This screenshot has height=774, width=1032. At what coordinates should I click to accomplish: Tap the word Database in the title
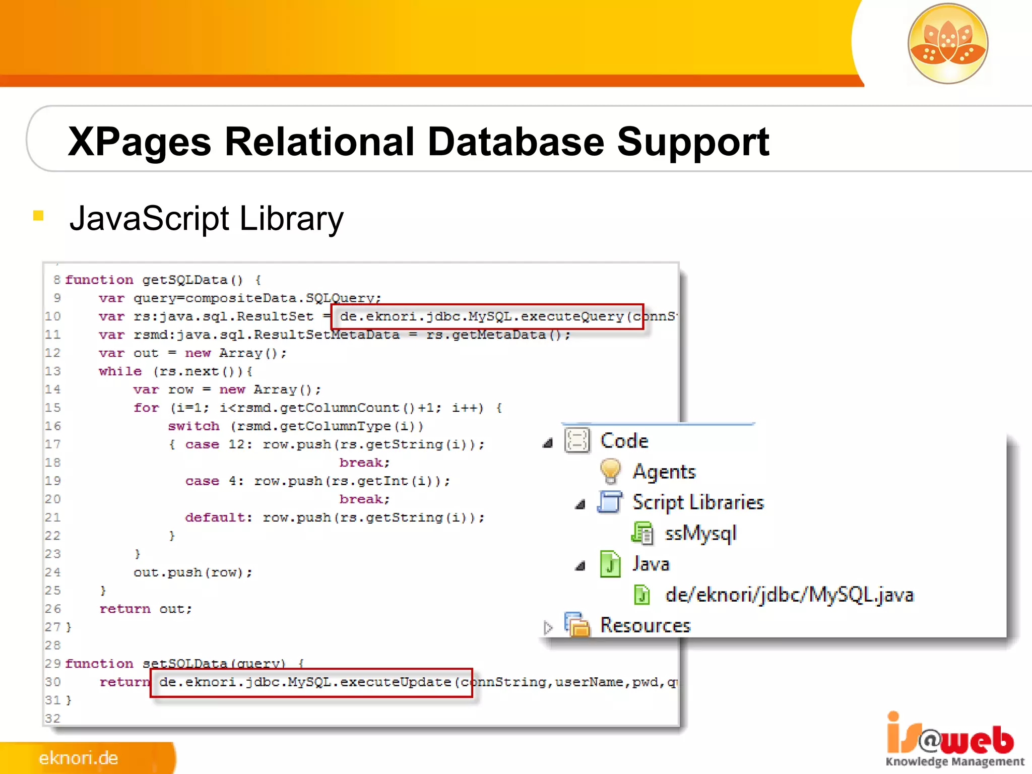(515, 142)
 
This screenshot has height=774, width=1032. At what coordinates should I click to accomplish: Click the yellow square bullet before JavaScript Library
(38, 216)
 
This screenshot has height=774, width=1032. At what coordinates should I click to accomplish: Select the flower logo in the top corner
(947, 44)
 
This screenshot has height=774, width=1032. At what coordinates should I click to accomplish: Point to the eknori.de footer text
(79, 758)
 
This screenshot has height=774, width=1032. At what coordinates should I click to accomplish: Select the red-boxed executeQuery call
(487, 316)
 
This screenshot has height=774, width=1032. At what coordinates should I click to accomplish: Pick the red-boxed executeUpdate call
(311, 682)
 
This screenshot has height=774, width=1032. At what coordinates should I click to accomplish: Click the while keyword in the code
(120, 371)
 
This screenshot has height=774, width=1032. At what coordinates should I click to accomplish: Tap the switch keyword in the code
(193, 426)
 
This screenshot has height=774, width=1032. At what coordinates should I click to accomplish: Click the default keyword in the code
(218, 518)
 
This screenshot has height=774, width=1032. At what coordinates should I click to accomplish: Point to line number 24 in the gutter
(52, 572)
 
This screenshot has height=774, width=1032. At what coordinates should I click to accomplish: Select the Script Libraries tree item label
(698, 502)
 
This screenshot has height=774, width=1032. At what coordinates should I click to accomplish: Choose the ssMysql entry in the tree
(700, 533)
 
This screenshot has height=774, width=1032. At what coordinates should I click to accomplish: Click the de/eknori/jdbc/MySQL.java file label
(789, 595)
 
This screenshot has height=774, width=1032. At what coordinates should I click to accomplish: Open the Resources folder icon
(577, 625)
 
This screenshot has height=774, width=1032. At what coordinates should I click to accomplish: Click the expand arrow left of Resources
(548, 627)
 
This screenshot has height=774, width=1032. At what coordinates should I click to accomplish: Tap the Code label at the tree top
(624, 441)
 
